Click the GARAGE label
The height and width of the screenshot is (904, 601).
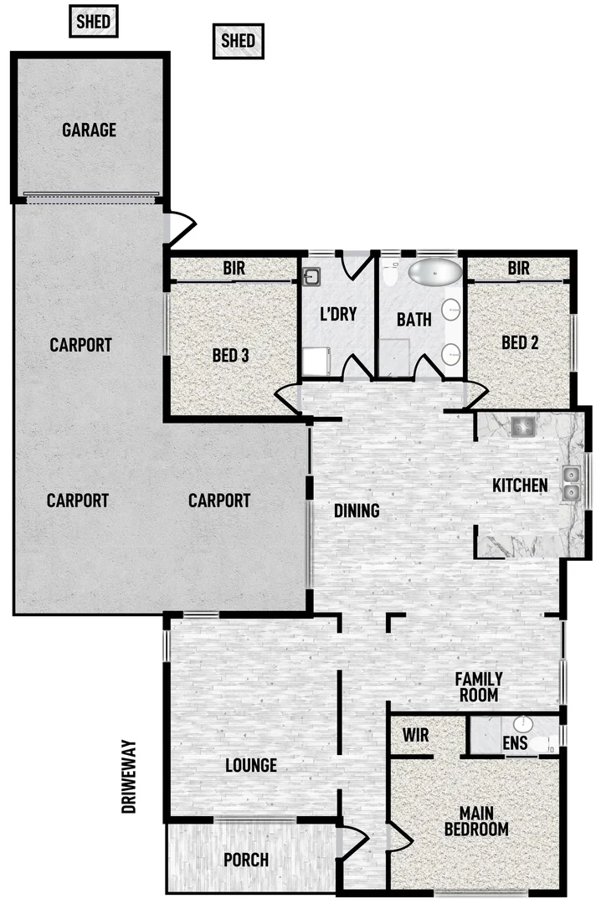coord(89,131)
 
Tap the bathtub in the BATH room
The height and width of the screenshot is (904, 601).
coord(434,273)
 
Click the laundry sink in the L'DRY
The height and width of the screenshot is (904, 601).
coord(311,275)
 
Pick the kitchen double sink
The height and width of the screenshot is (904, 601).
coord(572,484)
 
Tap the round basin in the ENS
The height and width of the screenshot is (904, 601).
coord(522,723)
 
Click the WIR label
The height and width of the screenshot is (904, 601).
coord(415,736)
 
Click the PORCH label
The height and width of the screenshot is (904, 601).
coord(246,860)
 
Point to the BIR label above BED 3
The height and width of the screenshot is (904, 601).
coord(234,269)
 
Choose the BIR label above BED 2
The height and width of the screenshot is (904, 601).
coord(518,269)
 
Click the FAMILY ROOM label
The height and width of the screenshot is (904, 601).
coord(478,687)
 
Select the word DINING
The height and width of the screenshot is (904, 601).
coord(357,511)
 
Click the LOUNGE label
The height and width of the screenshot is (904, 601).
coord(251,765)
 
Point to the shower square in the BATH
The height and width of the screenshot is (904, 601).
coord(395,356)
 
